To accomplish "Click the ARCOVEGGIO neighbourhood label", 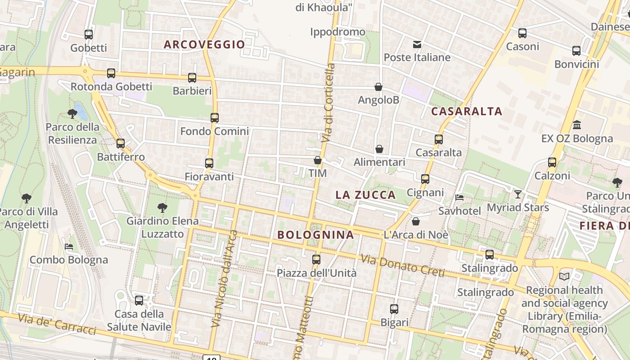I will point(204,45).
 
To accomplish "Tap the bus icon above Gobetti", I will point(89,34).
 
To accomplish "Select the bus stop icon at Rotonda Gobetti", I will point(111,73).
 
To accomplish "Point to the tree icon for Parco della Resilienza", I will point(72,113).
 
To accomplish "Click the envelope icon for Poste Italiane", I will point(417,44).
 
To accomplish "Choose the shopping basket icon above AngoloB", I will point(378,87).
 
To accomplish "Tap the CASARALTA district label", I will point(467,112).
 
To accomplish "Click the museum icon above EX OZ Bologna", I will point(577,125).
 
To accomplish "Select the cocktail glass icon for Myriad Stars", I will point(518,194).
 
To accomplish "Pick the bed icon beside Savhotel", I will point(459,197).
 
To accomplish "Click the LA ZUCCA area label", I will point(365,195).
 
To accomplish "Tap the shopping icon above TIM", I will point(318,160).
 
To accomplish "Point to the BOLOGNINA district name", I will point(315,235).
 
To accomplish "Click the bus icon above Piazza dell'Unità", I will point(316,259).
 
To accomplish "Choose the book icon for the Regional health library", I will point(564,276).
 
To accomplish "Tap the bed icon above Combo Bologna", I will point(69,246).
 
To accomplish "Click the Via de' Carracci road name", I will point(57,324).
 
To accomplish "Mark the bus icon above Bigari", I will point(394,309).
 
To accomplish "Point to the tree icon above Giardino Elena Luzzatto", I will point(162,207).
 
